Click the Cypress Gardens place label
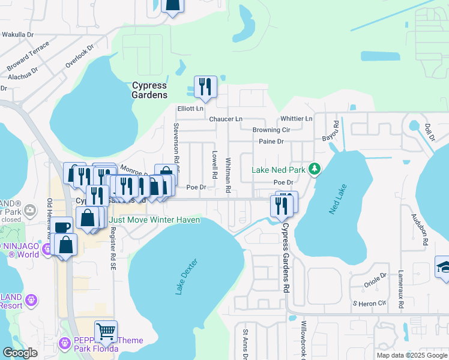[x=149, y=90]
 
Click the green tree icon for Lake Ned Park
[x=313, y=170]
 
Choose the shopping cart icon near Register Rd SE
[x=106, y=331]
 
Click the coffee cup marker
[x=61, y=227]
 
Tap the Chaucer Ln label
[x=225, y=119]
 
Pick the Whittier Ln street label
[x=296, y=119]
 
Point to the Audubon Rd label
[x=419, y=229]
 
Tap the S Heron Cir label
[x=369, y=304]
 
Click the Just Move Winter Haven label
[x=154, y=220]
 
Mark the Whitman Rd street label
[x=228, y=175]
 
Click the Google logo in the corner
[x=20, y=353]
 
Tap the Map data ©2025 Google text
[x=411, y=355]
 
